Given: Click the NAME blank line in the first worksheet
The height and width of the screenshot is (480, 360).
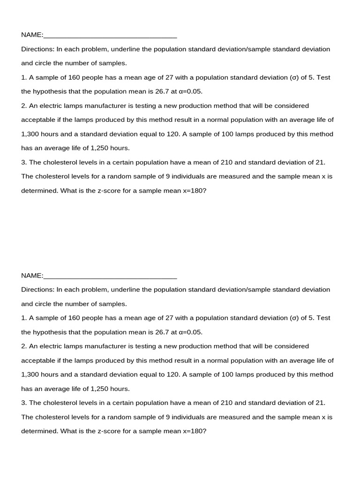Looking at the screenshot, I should tap(110, 36).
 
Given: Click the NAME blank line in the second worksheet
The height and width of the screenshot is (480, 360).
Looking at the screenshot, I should tap(110, 276).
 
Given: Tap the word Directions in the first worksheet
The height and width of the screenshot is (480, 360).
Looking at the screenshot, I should tap(37, 49).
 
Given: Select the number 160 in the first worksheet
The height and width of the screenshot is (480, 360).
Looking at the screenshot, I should tap(75, 77).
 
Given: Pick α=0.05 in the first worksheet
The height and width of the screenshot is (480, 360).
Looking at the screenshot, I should tap(191, 91).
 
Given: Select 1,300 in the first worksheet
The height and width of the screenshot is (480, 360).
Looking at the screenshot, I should tap(30, 134).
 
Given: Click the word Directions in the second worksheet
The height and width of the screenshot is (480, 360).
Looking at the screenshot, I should tap(37, 290).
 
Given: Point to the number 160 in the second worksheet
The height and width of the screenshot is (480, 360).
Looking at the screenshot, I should tap(75, 318).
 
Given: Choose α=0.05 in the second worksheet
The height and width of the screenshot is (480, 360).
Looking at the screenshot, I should tap(191, 332).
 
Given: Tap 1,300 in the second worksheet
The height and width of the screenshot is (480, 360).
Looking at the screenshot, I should tap(30, 375).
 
